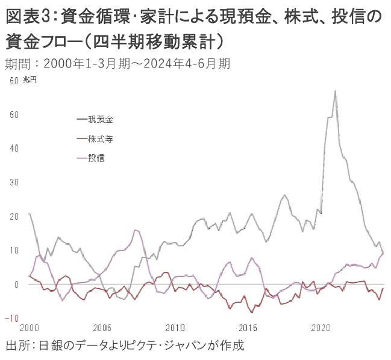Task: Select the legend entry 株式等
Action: (100, 138)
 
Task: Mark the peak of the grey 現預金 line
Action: (335, 91)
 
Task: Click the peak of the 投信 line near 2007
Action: (136, 230)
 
